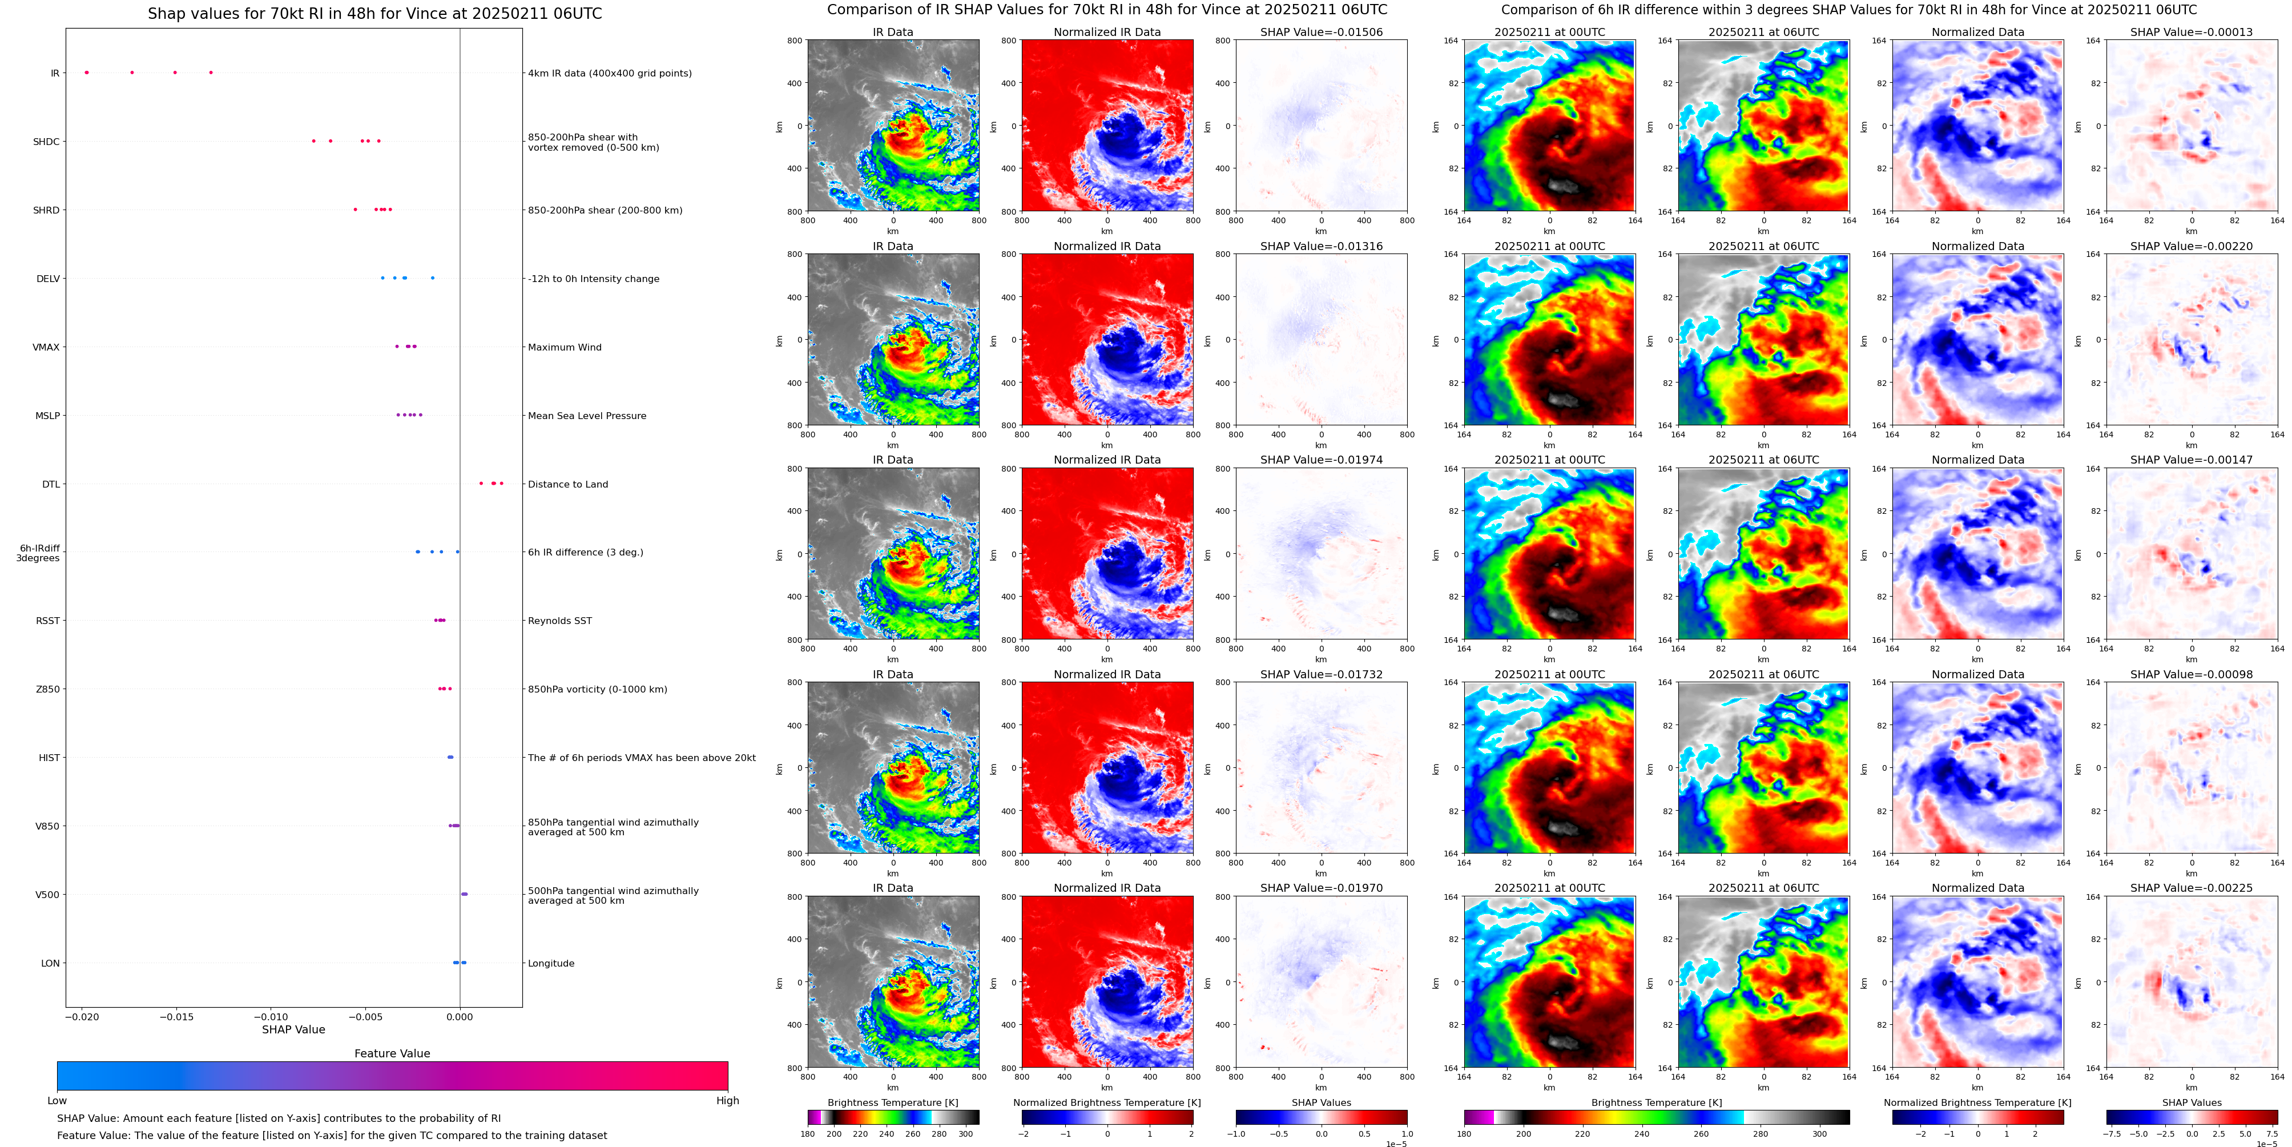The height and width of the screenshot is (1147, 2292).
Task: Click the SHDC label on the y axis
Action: (x=46, y=142)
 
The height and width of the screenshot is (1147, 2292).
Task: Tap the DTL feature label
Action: (x=51, y=484)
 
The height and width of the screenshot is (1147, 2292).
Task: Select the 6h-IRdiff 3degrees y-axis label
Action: (x=38, y=553)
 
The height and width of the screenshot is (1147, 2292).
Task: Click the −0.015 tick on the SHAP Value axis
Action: (x=176, y=1016)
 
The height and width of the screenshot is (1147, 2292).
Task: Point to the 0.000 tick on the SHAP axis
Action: (x=459, y=1016)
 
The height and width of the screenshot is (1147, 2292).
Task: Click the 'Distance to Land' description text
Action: (x=567, y=484)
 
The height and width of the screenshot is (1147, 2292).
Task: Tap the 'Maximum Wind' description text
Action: (x=564, y=347)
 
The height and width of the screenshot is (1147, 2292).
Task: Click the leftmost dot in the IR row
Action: (x=86, y=72)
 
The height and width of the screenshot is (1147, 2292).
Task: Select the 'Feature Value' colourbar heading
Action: (x=392, y=1053)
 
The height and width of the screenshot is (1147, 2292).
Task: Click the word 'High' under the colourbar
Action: (x=727, y=1101)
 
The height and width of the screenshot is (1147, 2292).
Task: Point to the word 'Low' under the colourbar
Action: (x=57, y=1101)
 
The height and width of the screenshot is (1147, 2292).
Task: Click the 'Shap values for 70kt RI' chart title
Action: (x=374, y=13)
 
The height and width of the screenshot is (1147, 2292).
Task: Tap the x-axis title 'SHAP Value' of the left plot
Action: (x=293, y=1029)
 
